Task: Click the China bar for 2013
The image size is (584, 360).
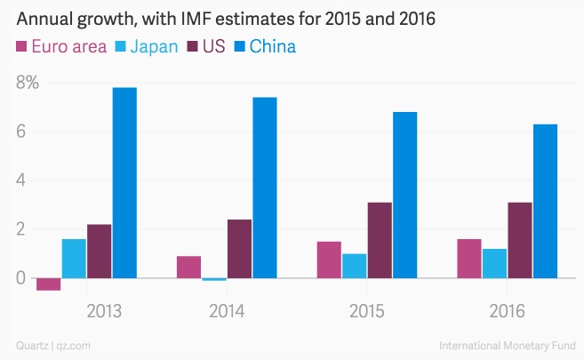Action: click(124, 182)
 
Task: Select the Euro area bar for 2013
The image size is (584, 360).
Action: click(48, 284)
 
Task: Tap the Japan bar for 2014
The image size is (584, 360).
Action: click(214, 280)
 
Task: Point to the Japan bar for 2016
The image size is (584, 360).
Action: click(494, 263)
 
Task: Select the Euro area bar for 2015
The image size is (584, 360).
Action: click(329, 260)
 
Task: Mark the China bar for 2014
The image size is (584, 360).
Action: click(265, 188)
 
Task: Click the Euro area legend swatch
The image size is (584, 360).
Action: click(22, 45)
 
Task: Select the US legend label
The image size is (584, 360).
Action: click(213, 45)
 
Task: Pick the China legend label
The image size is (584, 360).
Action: click(272, 45)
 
